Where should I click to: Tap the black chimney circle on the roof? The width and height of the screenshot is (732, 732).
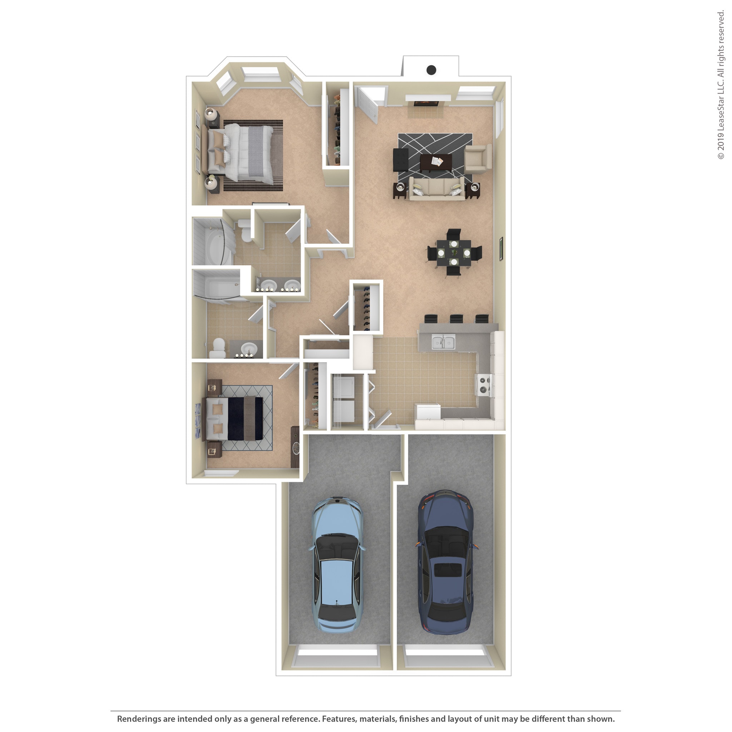tap(431, 70)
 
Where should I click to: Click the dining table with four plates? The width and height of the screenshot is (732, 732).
tap(454, 253)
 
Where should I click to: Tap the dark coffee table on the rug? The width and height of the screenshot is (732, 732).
tap(436, 162)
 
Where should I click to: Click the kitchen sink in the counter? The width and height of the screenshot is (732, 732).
tap(443, 342)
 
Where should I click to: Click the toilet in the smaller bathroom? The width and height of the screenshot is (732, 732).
tap(219, 348)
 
